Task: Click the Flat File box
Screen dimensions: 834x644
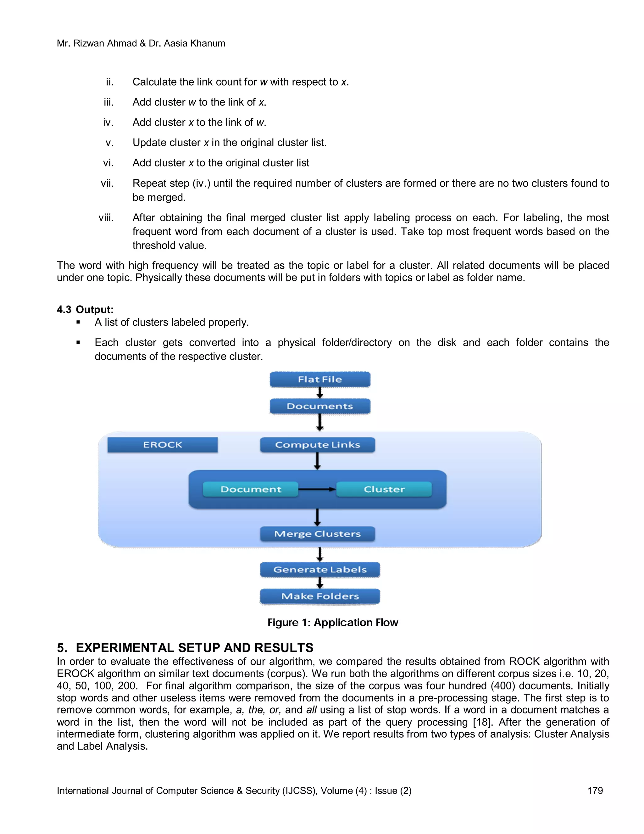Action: coord(320,379)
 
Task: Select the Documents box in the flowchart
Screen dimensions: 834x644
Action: coord(320,406)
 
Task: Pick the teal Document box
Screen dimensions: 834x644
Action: coord(250,489)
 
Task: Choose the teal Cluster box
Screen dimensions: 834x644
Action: coord(384,489)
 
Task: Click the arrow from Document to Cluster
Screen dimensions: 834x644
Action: coord(317,489)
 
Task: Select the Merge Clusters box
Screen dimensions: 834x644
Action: coord(317,533)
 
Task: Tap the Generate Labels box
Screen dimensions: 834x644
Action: coord(320,569)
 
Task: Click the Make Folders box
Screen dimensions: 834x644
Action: coord(320,596)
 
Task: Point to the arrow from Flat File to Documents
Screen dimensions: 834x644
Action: coord(320,392)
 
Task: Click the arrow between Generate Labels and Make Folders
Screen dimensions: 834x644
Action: coord(320,583)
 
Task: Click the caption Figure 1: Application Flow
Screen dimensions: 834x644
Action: coord(333,623)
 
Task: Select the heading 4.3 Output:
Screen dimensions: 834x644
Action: coord(85,309)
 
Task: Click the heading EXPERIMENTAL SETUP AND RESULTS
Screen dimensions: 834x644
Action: coord(194,648)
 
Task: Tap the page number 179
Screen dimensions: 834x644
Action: coord(595,791)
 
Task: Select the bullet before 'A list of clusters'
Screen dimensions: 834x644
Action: coord(78,322)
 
